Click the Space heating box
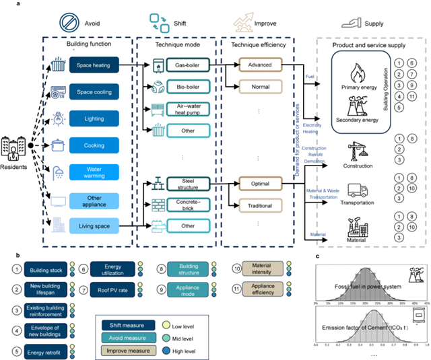pyautogui.click(x=94, y=65)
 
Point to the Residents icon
pyautogui.click(x=15, y=146)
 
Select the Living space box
pyautogui.click(x=94, y=224)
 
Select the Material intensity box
pyautogui.click(x=260, y=271)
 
